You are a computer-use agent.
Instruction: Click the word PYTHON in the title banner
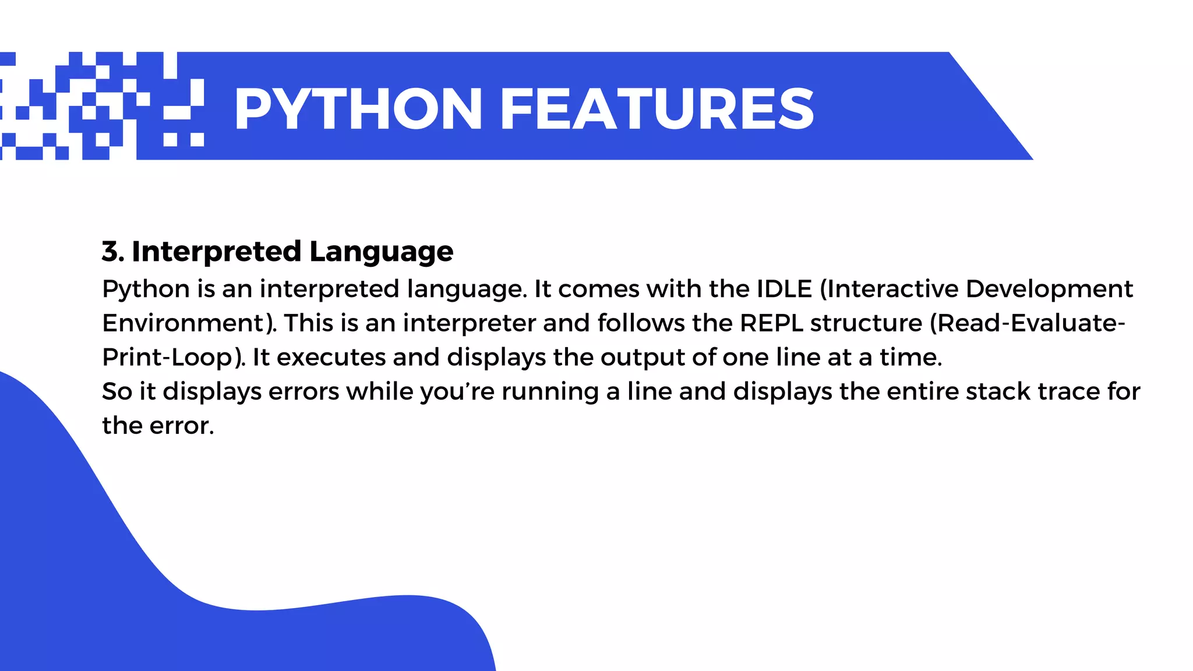click(358, 109)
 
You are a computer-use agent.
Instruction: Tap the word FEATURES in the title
click(656, 109)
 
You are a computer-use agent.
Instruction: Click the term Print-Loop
click(168, 358)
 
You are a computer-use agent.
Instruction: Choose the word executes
click(331, 358)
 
